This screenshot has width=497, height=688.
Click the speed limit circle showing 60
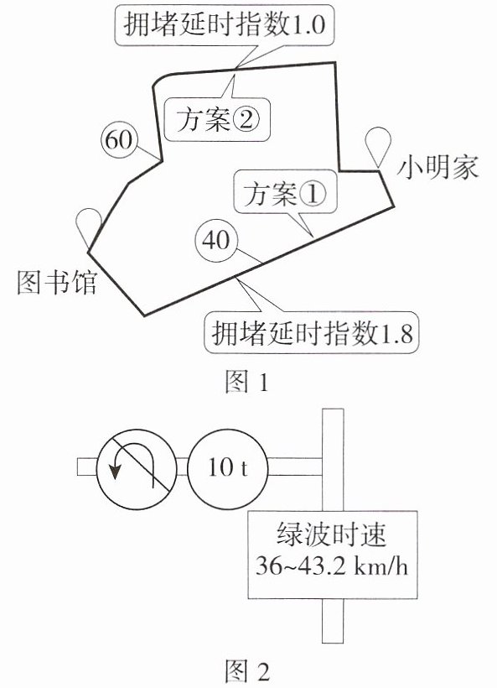pos(119,141)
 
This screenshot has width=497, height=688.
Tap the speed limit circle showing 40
pos(216,241)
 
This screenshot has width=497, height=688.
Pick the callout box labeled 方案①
pos(285,193)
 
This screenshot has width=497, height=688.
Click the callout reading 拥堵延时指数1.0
pos(225,25)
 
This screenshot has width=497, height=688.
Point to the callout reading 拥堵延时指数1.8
pos(311,333)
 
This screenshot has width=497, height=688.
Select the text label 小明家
pos(437,169)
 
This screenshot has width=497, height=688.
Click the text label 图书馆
pos(57,281)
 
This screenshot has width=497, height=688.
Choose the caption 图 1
pos(246,381)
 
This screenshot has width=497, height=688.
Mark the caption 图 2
pos(247,671)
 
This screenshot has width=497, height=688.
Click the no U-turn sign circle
pos(137,469)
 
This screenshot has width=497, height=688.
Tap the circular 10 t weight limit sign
pos(227,469)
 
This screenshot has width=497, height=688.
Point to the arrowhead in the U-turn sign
pos(116,471)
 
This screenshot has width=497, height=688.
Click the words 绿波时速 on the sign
pos(332,534)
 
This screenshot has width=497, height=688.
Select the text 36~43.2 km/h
pos(332,566)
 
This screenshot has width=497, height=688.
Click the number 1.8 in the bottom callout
pos(398,333)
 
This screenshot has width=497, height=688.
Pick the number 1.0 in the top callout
pos(308,25)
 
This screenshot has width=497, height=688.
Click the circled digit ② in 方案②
pos(246,119)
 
